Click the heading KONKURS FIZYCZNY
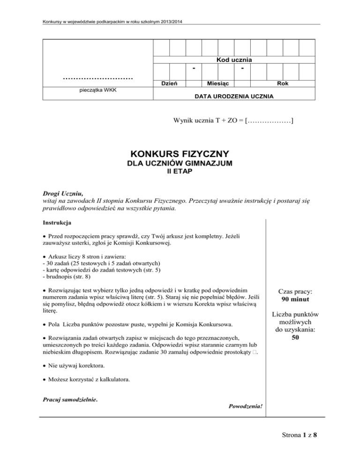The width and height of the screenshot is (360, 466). pyautogui.click(x=180, y=154)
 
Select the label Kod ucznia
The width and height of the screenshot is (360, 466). pyautogui.click(x=234, y=60)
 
